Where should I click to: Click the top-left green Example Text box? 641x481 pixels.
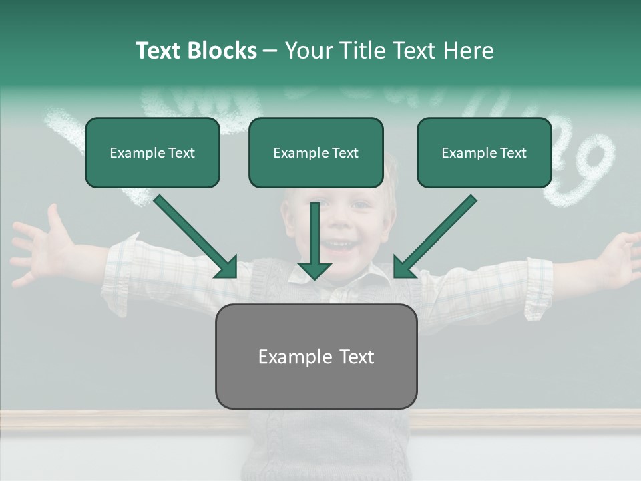152,153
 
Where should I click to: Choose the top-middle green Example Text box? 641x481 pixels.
316,153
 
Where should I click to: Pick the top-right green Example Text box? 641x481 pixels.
484,153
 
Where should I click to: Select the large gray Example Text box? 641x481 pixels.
316,357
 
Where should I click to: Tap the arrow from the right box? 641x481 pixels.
435,236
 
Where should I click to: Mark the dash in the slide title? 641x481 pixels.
271,51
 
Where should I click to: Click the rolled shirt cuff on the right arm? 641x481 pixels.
538,287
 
